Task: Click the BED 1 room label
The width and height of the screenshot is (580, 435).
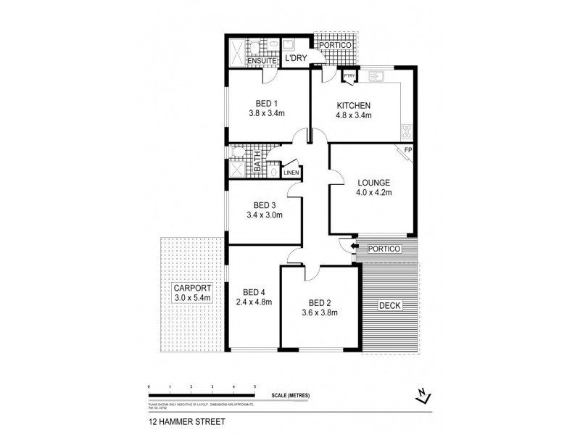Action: click(266, 102)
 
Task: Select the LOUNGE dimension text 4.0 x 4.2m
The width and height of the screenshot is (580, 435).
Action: click(373, 194)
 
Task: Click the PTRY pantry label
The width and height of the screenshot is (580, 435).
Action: click(349, 75)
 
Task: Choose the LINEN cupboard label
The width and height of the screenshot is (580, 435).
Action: click(290, 173)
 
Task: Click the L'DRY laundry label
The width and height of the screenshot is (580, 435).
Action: click(295, 57)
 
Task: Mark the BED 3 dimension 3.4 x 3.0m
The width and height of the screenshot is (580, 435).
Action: click(265, 215)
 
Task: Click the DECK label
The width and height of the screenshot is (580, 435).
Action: click(391, 305)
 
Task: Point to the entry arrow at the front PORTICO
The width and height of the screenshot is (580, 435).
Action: click(355, 248)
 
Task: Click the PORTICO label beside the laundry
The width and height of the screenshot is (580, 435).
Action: click(336, 45)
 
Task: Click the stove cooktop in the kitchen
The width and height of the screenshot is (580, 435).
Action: click(407, 132)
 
